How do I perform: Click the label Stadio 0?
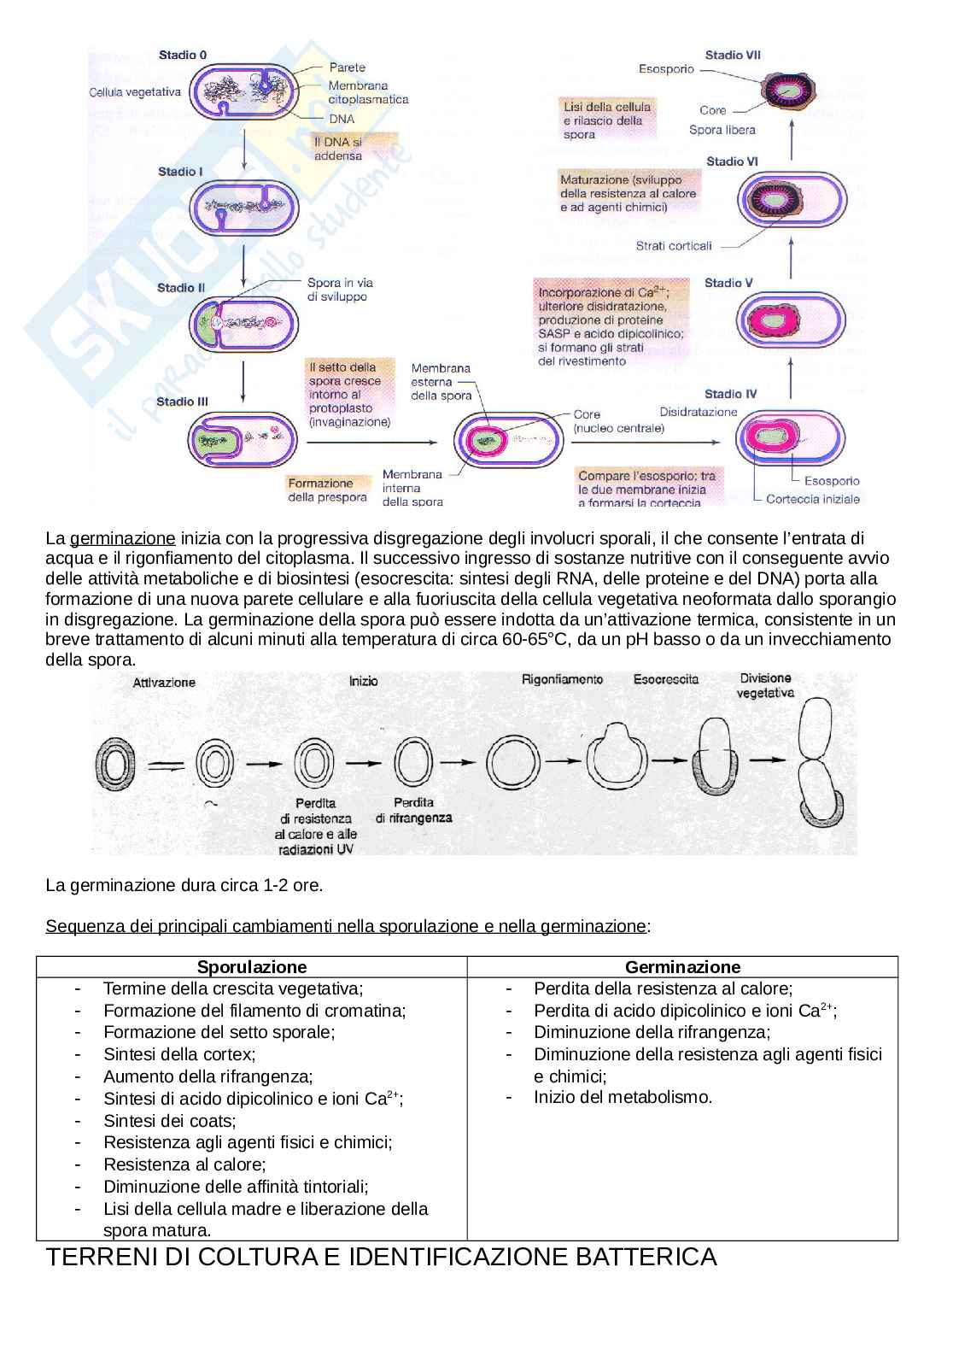(182, 55)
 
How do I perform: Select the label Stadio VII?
(733, 55)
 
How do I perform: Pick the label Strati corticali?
(673, 246)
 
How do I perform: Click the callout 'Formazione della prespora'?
(327, 490)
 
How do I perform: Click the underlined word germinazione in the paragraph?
(122, 538)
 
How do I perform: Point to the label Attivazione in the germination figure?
(164, 682)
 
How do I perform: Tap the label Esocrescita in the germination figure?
(665, 679)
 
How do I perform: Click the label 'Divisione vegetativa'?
(766, 685)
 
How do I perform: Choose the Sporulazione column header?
(251, 967)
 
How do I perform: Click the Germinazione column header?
(682, 967)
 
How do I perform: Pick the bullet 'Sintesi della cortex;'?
(179, 1054)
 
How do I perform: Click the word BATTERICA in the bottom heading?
(646, 1257)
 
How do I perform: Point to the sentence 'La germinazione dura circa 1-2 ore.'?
(184, 885)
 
